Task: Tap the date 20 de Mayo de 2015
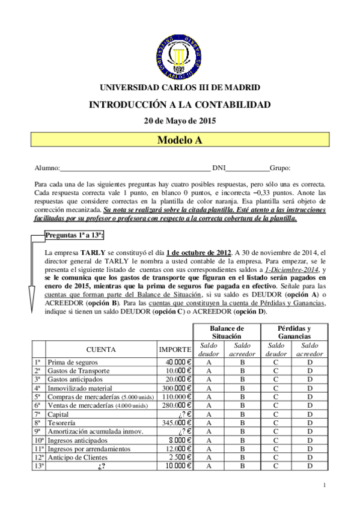pos(180,120)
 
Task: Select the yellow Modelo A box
pos(180,140)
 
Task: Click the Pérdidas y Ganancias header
pos(294,332)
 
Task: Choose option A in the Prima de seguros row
pos(209,362)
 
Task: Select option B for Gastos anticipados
pos(243,379)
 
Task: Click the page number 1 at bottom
pos(324,485)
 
